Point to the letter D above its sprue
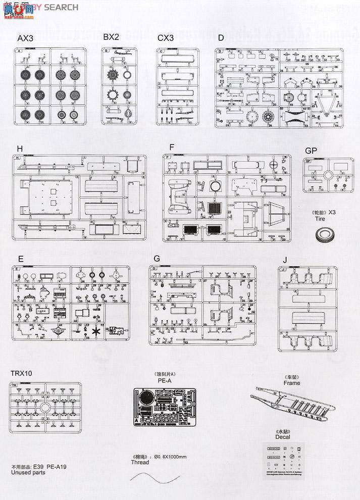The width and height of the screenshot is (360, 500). click(220, 38)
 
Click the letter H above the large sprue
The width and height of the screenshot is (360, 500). click(20, 148)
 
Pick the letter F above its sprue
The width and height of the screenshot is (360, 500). click(172, 147)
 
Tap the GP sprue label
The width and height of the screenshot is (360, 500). click(311, 151)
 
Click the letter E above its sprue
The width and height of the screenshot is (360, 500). click(20, 259)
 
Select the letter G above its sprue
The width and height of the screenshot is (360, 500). click(157, 259)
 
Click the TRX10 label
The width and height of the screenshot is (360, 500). click(22, 374)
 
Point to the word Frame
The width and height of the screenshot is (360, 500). click(291, 383)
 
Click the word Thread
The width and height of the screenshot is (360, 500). click(139, 462)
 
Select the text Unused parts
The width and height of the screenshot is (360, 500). click(28, 473)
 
